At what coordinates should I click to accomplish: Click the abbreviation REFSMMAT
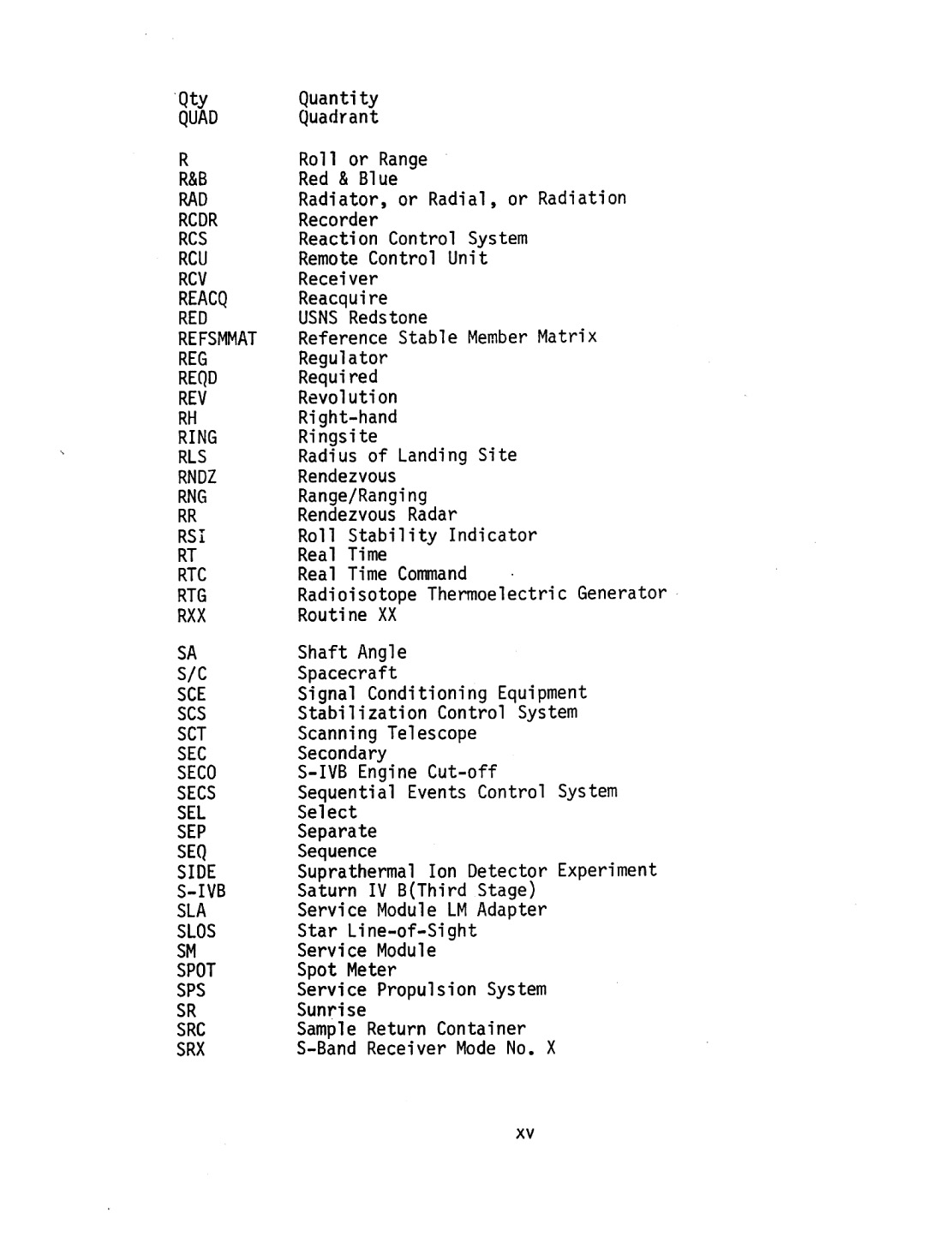217,339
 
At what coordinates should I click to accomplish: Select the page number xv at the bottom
525,1134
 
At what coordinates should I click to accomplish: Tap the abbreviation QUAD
198,118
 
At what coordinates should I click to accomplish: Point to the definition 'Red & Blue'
348,179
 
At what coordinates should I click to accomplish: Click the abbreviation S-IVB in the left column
201,891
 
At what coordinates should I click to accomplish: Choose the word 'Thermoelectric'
497,594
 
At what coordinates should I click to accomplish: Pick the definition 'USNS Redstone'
362,318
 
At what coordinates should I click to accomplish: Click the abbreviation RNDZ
197,477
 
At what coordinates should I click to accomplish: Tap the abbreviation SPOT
196,970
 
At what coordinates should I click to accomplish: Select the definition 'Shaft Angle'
352,653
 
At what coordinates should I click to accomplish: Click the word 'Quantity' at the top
338,99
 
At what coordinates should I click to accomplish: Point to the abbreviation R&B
193,180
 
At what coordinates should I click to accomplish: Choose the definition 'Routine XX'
347,615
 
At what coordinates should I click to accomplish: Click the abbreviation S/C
192,674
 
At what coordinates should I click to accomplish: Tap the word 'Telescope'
432,733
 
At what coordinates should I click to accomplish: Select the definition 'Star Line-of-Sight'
387,930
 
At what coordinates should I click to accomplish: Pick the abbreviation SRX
191,1049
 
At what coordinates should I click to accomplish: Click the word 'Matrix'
566,337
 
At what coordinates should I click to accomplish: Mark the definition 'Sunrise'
332,1010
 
